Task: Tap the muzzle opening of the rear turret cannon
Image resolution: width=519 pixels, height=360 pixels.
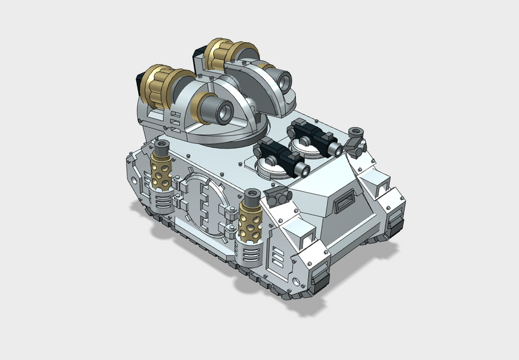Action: (284, 81)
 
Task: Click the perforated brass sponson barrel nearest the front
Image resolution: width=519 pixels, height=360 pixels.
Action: (250, 224)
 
